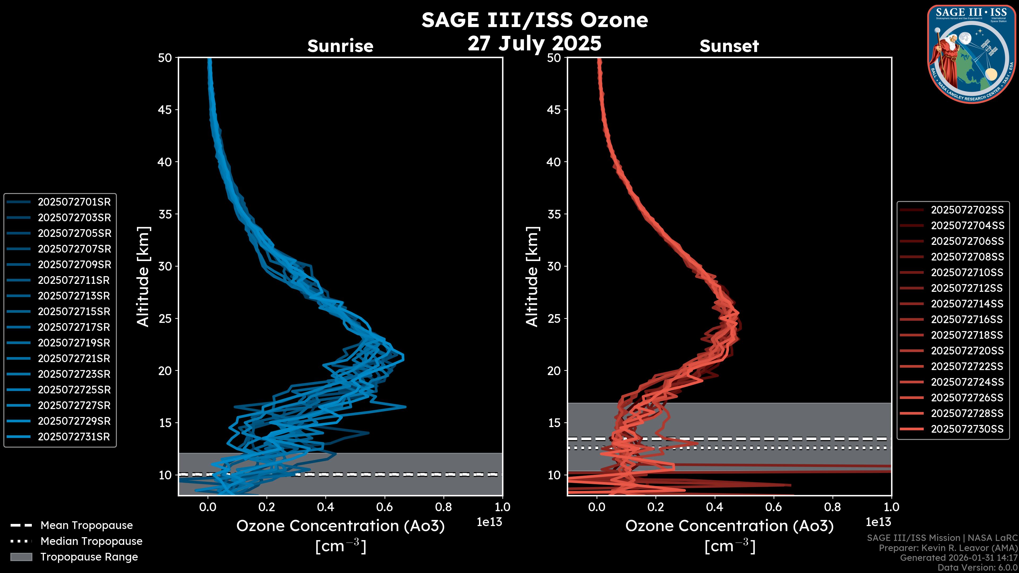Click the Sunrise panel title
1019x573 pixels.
(340, 46)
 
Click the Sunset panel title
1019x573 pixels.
(729, 46)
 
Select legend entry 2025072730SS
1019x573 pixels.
(967, 429)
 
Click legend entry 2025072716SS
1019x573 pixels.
(967, 319)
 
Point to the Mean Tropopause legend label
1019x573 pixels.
(87, 525)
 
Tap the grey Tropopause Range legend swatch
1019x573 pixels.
(21, 557)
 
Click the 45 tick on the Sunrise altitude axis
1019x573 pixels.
(165, 110)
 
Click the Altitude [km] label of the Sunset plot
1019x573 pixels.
(532, 276)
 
